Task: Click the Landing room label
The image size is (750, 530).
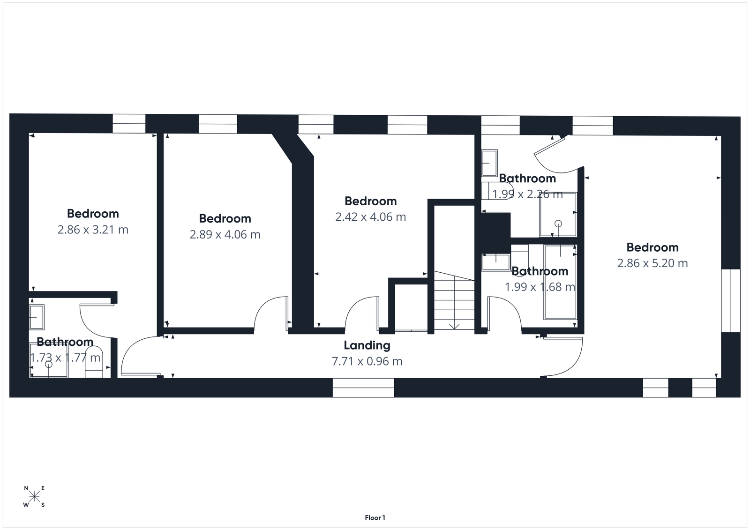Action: [367, 345]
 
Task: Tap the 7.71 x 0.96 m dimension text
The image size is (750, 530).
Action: [367, 361]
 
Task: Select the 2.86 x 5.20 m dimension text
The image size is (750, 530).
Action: [652, 263]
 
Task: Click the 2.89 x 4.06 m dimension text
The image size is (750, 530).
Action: [225, 234]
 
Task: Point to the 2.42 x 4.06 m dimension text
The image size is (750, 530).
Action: [370, 217]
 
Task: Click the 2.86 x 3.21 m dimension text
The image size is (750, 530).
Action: [93, 230]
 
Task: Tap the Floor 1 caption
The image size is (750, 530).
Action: [375, 518]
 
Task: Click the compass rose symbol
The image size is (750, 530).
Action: [35, 497]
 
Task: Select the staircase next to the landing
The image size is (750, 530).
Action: [454, 300]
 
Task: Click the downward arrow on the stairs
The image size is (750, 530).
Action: [454, 326]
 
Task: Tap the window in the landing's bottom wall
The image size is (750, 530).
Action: [363, 388]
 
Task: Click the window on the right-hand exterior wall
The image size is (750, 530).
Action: [730, 300]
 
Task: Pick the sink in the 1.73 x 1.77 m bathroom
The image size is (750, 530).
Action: [37, 317]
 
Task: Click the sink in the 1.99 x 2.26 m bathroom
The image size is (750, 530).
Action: [489, 163]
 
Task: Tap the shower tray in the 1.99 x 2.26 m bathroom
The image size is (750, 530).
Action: [558, 215]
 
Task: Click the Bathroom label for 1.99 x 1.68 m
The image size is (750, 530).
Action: [540, 271]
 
